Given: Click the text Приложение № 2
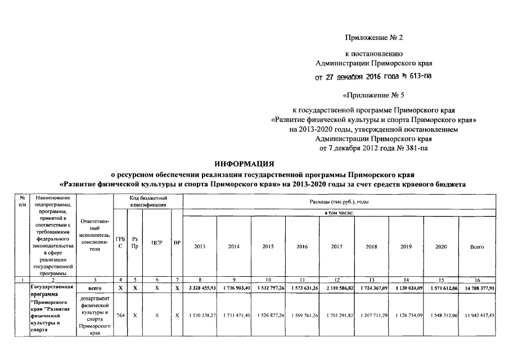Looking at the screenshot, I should click(373, 38).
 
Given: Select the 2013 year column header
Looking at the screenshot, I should click(200, 246).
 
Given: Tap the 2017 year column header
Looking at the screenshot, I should click(336, 246).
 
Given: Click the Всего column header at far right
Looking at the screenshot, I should click(477, 246).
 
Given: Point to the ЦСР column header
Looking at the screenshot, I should click(156, 243).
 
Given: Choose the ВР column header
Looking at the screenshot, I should click(177, 243).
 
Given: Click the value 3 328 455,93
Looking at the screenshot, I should click(200, 288).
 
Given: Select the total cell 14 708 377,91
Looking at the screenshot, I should click(477, 288).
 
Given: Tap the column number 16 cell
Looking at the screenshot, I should click(477, 280).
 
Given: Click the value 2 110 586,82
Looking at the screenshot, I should click(336, 288).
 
